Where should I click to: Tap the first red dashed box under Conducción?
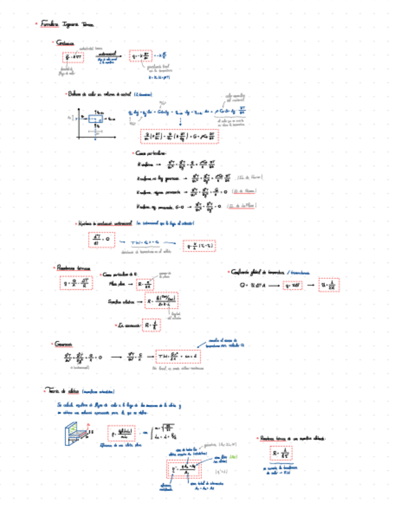73,58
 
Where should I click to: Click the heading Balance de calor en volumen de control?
109,94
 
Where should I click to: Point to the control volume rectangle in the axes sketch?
96,119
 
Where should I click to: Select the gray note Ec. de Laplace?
247,206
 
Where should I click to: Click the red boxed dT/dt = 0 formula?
100,239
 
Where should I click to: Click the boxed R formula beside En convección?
151,324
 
